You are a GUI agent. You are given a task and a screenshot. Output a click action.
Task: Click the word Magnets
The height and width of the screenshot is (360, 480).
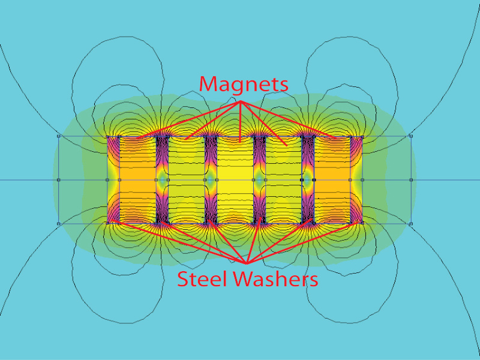click(x=244, y=84)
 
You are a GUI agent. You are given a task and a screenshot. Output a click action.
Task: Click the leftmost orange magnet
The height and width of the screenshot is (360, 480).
click(x=137, y=179)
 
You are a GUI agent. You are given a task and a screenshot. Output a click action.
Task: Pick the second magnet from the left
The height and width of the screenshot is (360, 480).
click(x=186, y=179)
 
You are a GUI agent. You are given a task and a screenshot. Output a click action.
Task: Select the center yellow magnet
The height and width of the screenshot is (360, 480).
click(x=235, y=179)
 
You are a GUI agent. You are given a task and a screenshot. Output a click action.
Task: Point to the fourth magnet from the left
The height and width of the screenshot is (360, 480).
click(x=283, y=179)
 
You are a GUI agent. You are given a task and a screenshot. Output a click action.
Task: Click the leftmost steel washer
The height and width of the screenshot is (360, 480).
click(x=113, y=179)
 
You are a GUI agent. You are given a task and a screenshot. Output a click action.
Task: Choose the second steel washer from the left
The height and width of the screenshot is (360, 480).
click(x=162, y=179)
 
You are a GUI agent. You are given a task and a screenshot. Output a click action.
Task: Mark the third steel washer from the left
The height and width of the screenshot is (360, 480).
click(x=211, y=179)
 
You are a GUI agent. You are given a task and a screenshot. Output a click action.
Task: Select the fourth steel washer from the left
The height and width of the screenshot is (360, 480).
click(x=259, y=179)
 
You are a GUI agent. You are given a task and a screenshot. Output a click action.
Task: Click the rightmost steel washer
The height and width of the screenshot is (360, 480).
click(x=356, y=179)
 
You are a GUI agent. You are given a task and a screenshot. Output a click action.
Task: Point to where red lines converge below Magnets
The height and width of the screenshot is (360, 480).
click(x=242, y=101)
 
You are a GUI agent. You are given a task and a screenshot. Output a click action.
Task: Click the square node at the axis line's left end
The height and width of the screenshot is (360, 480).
click(x=58, y=179)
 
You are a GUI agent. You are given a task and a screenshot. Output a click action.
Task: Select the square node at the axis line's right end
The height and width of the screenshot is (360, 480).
click(x=411, y=179)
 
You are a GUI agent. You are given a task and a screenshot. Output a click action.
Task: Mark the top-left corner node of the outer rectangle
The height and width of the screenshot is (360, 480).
click(x=58, y=136)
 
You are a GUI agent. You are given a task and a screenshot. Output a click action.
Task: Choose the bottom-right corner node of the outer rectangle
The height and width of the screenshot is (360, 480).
click(x=411, y=224)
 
